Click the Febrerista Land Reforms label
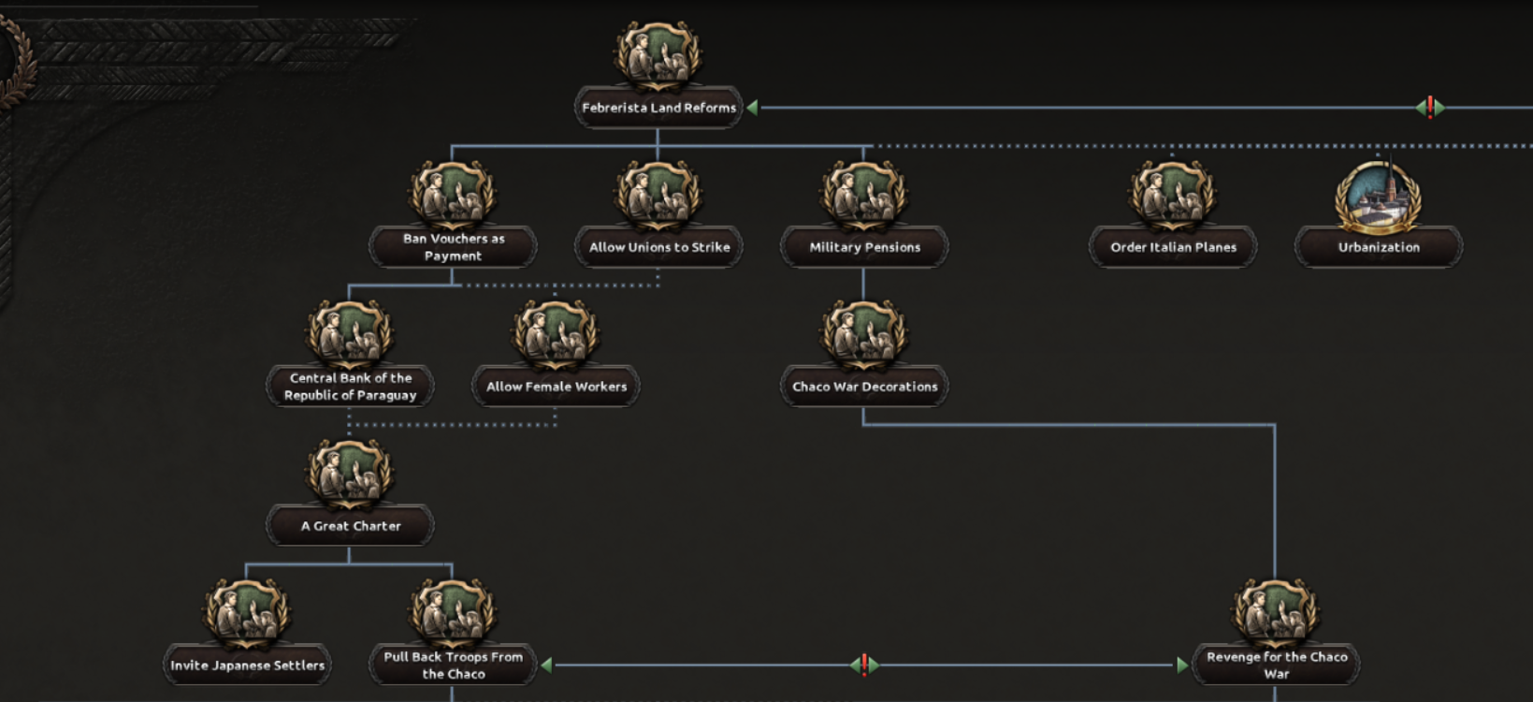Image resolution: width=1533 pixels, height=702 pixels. (x=658, y=108)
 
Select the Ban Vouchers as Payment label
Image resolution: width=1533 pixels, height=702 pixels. (x=454, y=247)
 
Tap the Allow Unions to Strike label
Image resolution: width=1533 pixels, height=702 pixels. (x=658, y=247)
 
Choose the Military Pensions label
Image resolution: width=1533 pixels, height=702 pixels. (x=864, y=247)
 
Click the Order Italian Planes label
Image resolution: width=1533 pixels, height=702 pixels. (x=1173, y=247)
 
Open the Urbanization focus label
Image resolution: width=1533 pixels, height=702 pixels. (x=1379, y=247)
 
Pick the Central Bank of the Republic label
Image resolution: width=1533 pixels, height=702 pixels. (x=351, y=387)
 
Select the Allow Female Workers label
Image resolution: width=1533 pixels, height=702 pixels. (x=557, y=387)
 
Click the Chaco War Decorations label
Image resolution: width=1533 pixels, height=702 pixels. (x=864, y=387)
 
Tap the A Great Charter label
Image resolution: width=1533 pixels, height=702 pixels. (x=351, y=526)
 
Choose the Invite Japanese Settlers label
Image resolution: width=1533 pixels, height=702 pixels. (x=248, y=665)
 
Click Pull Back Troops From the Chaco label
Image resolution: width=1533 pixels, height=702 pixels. (x=454, y=665)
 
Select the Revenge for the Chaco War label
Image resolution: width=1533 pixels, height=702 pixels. (x=1277, y=665)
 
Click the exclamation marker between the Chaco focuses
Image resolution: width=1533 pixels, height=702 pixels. (x=864, y=665)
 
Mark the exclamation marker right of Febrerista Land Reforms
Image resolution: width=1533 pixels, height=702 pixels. (x=1430, y=108)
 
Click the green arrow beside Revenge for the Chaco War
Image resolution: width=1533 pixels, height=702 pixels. (x=1182, y=665)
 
